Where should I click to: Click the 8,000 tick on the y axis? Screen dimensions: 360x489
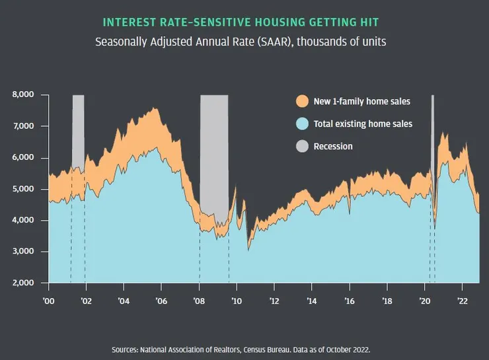click(24, 94)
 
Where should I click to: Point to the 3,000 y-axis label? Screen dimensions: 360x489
click(24, 252)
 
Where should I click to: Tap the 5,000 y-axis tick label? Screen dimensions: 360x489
click(24, 189)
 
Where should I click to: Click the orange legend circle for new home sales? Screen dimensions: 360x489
click(302, 102)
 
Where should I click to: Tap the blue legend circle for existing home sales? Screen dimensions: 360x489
click(302, 124)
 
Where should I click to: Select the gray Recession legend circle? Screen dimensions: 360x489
click(302, 146)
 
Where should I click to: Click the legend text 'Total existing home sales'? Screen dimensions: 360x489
click(363, 124)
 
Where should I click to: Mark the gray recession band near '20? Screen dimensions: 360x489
click(433, 132)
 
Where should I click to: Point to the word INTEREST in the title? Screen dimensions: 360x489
click(127, 22)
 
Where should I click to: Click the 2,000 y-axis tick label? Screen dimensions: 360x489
click(24, 283)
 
